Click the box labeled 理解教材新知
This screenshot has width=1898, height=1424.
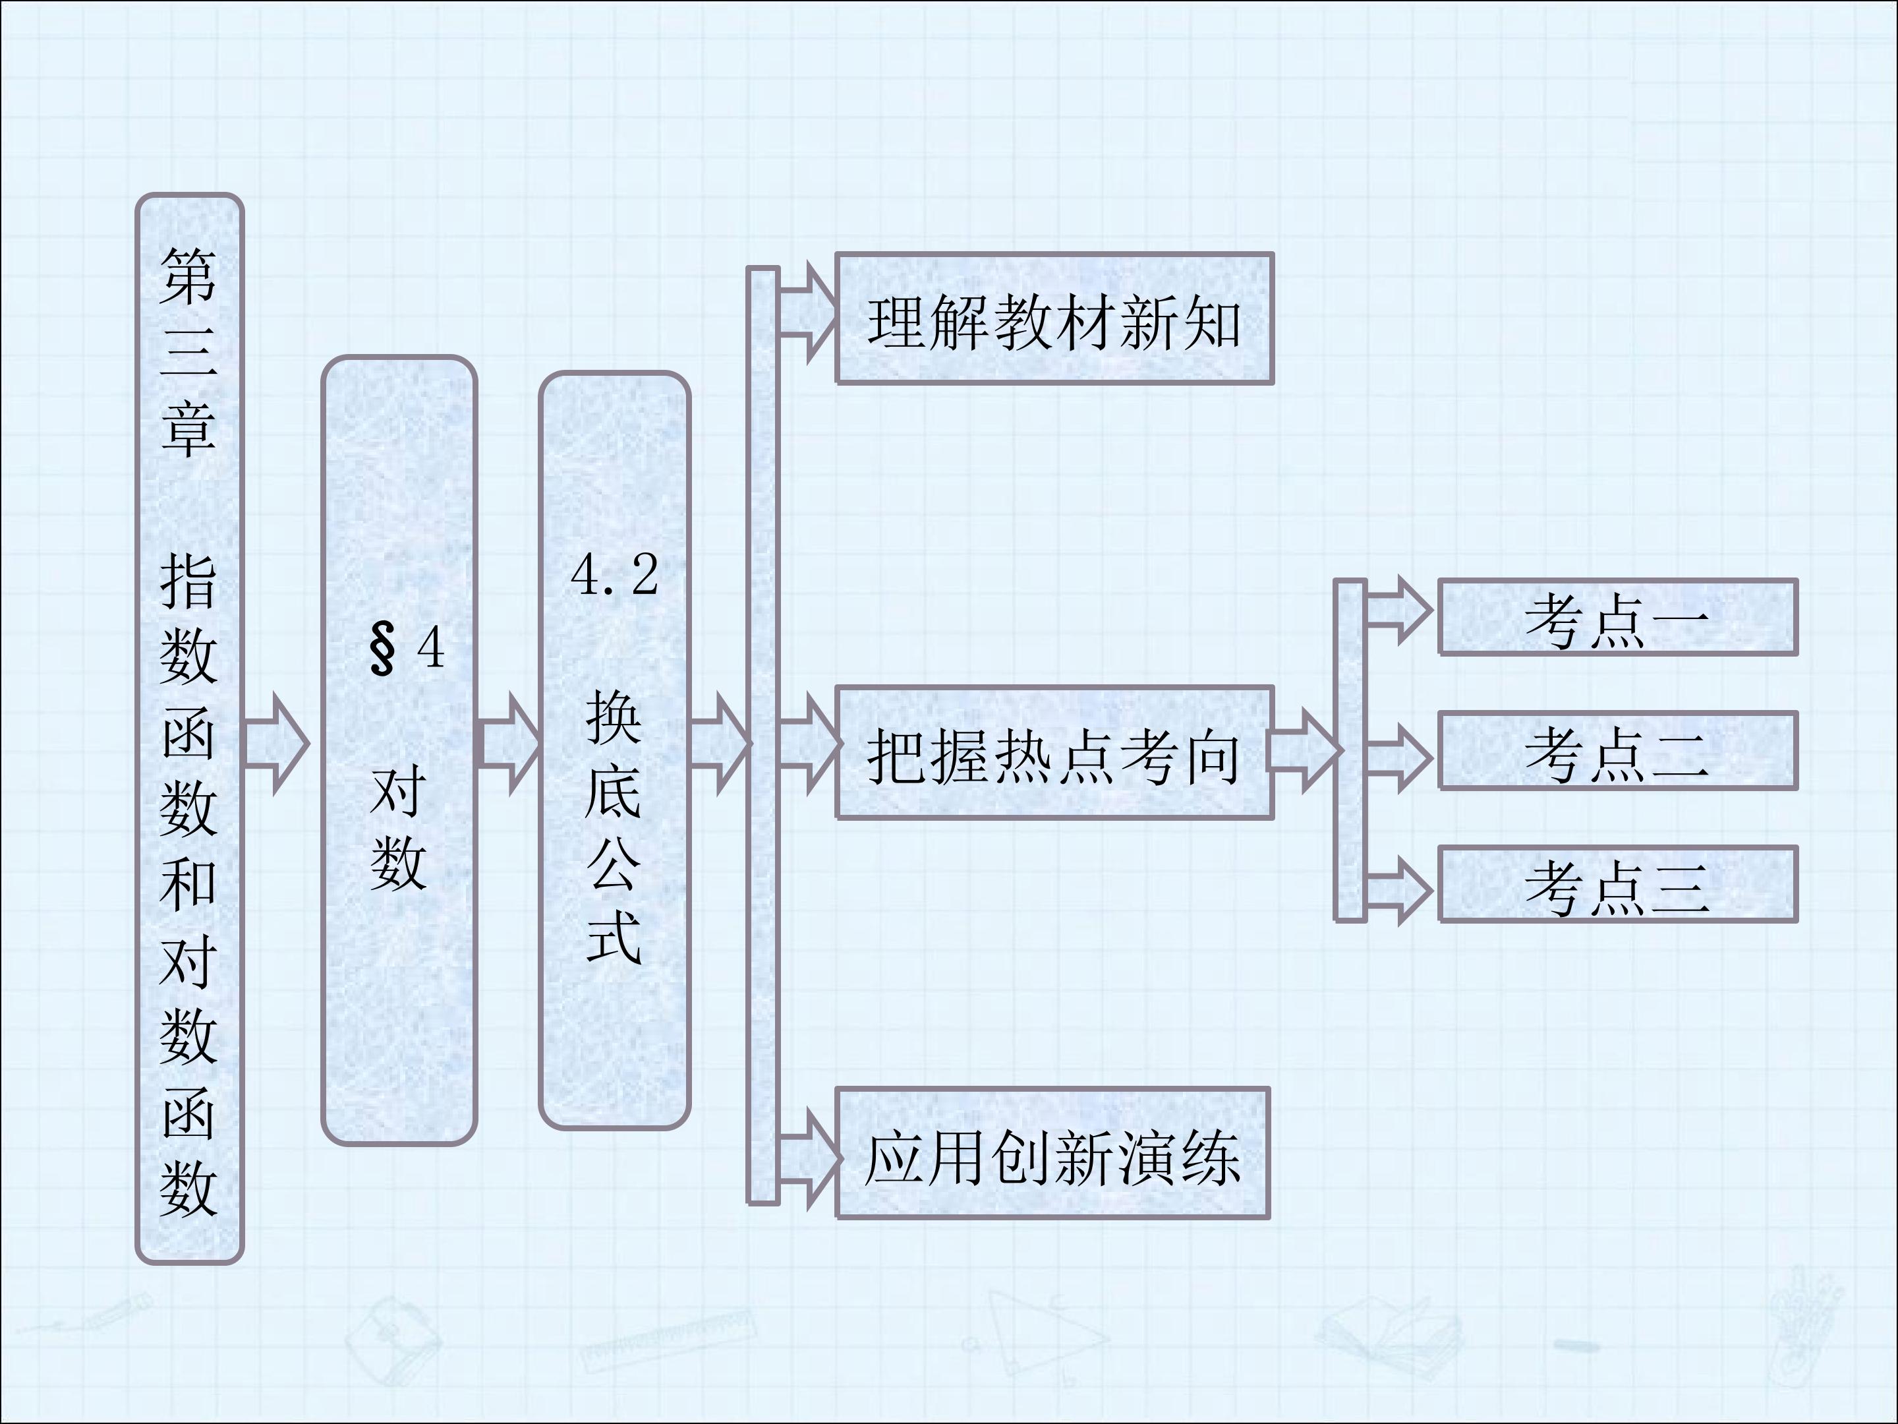click(1054, 318)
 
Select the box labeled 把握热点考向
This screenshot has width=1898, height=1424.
click(1054, 753)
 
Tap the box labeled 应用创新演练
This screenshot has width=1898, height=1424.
click(1052, 1153)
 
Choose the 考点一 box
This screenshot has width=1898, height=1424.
click(1617, 618)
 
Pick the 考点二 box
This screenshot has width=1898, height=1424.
click(1617, 751)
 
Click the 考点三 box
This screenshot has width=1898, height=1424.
click(1617, 884)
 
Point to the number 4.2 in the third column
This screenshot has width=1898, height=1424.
click(614, 575)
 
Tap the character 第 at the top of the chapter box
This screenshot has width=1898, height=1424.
click(188, 276)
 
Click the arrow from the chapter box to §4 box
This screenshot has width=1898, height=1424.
click(276, 744)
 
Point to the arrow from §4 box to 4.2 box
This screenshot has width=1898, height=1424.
click(509, 744)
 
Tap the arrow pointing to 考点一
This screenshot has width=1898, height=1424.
click(1398, 610)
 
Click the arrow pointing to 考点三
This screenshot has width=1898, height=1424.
click(1398, 891)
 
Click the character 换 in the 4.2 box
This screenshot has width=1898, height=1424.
click(614, 717)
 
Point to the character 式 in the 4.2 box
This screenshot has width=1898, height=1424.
click(614, 937)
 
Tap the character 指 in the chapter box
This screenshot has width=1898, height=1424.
click(188, 581)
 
